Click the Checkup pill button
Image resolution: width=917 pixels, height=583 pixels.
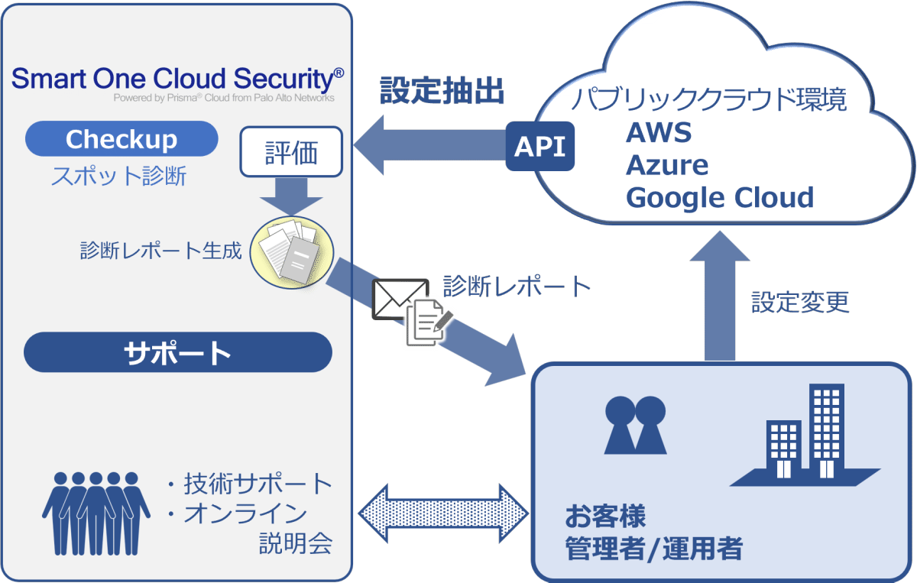click(x=122, y=139)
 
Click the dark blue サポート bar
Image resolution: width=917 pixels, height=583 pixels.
click(x=177, y=352)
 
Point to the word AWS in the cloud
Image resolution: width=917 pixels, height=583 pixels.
click(x=659, y=132)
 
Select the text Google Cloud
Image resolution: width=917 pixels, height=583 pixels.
click(x=719, y=198)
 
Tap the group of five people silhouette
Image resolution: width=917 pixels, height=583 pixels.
click(x=96, y=512)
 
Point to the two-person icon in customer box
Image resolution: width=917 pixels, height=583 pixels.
click(x=634, y=425)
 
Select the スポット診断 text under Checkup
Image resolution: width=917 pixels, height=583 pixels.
click(x=118, y=177)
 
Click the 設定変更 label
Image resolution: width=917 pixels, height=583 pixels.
click(x=800, y=302)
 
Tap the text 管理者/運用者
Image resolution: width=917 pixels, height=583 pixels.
click(x=653, y=549)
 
